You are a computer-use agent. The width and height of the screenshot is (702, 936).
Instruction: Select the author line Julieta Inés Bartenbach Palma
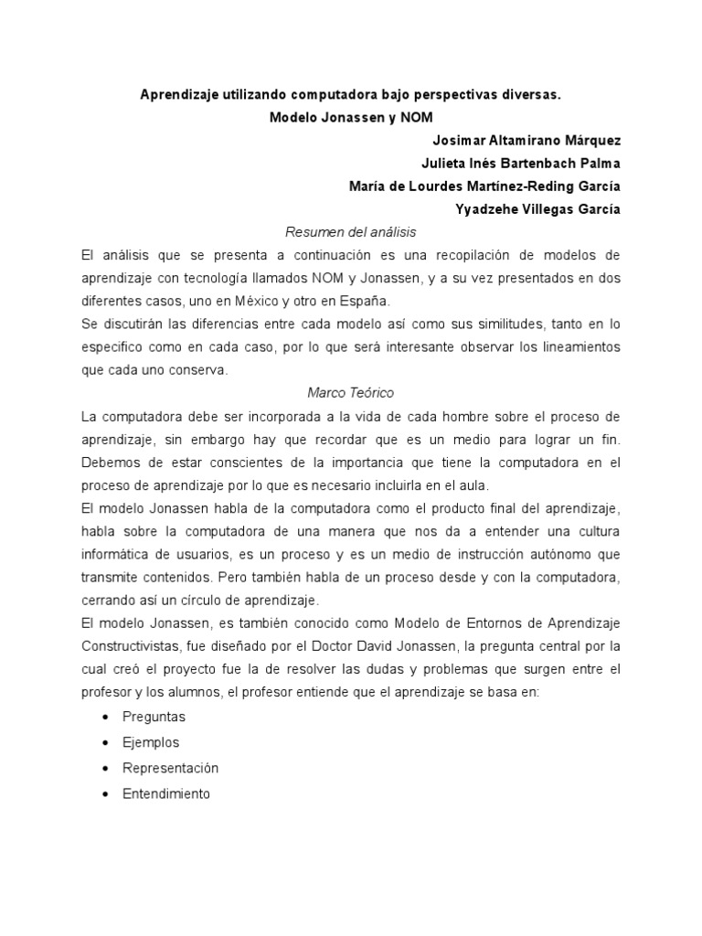[x=520, y=164]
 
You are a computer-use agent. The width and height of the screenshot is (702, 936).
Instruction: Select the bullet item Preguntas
[x=154, y=718]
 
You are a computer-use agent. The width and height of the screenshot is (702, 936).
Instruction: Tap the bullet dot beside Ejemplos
[x=108, y=743]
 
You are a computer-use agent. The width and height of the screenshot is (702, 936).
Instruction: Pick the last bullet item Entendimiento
[x=166, y=793]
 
